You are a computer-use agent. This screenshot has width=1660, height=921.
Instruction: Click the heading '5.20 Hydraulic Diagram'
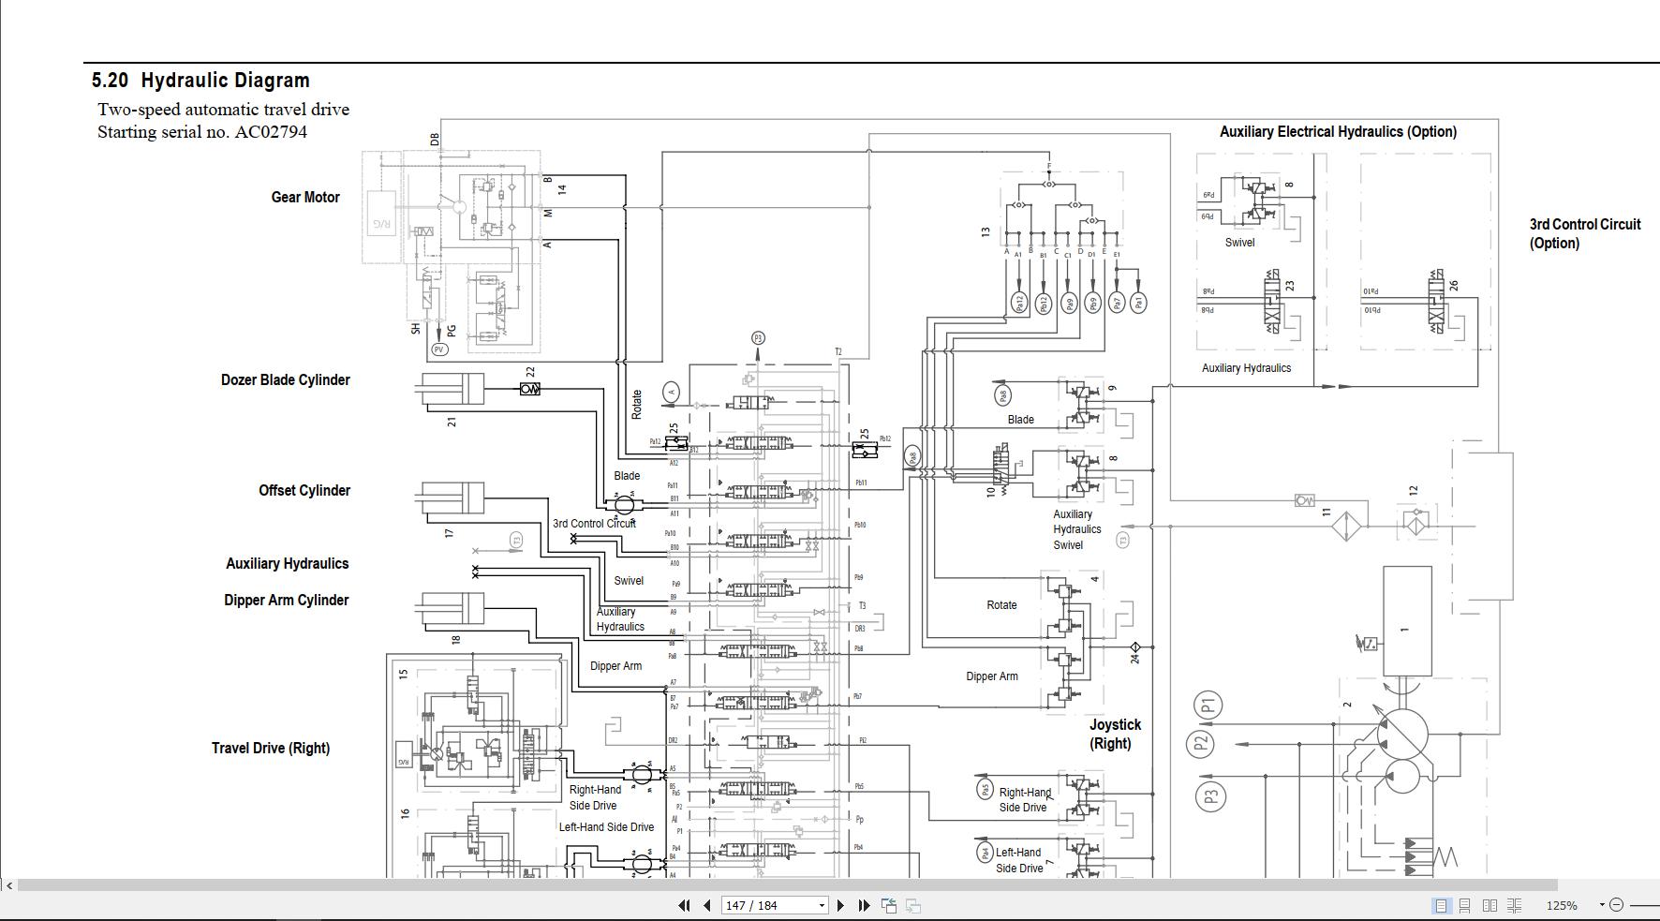click(x=200, y=81)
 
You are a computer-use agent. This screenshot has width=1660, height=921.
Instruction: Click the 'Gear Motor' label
click(x=305, y=198)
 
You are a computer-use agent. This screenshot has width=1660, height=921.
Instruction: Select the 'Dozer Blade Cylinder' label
click(x=285, y=380)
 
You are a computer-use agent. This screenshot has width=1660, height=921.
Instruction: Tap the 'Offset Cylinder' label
click(x=304, y=491)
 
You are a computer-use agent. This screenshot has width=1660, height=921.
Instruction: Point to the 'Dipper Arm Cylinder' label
click(x=286, y=601)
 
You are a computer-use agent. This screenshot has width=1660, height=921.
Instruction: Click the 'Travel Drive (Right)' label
click(x=270, y=749)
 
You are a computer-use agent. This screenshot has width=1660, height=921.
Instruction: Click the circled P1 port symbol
click(x=1208, y=705)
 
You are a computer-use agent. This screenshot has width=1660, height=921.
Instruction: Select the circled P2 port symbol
click(x=1200, y=744)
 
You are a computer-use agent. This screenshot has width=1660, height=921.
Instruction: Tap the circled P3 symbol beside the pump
click(x=1210, y=797)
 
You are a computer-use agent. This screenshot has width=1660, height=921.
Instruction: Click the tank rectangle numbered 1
click(x=1406, y=620)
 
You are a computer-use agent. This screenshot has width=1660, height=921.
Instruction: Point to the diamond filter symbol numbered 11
click(x=1346, y=526)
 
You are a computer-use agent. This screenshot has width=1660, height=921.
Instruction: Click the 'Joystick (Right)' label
click(x=1114, y=735)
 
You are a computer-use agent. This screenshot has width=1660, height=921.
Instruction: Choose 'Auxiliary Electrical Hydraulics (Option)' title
click(x=1337, y=132)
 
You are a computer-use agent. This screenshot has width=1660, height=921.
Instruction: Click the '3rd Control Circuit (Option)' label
click(x=1584, y=234)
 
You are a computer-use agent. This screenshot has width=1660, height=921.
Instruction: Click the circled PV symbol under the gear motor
click(x=438, y=349)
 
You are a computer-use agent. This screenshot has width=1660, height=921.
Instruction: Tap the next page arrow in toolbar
click(x=840, y=905)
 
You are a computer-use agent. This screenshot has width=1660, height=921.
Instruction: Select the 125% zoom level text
click(x=1561, y=905)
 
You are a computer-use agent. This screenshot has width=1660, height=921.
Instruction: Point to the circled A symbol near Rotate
click(x=671, y=393)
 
